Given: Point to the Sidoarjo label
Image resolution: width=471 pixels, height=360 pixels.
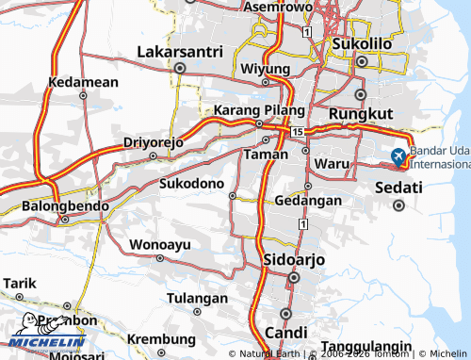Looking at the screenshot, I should tap(292, 259).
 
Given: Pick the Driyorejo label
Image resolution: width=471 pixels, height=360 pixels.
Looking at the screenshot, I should tap(153, 142).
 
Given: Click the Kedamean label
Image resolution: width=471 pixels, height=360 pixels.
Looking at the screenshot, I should tap(84, 82).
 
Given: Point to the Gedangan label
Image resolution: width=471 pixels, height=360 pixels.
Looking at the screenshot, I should tap(309, 200).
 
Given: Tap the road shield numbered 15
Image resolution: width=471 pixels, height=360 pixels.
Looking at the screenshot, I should tap(298, 131).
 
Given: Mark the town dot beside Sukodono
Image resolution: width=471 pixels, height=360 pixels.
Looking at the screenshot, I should tap(233, 196).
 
